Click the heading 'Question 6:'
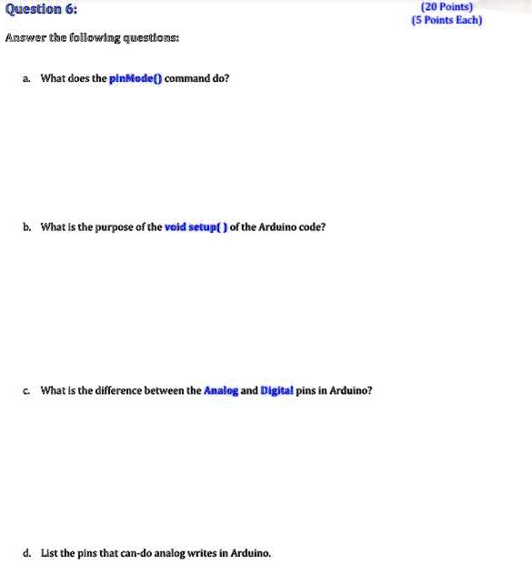click(42, 9)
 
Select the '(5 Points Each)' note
click(447, 20)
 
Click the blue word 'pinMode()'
click(136, 78)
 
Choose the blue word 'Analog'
click(221, 390)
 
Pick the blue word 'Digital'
click(276, 390)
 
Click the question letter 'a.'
click(29, 78)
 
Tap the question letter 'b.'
click(29, 227)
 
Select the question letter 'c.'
click(29, 390)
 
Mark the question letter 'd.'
click(29, 552)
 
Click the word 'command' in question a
click(187, 78)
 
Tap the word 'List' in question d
click(50, 552)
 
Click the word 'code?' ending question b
click(310, 227)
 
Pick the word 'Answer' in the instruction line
click(25, 38)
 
